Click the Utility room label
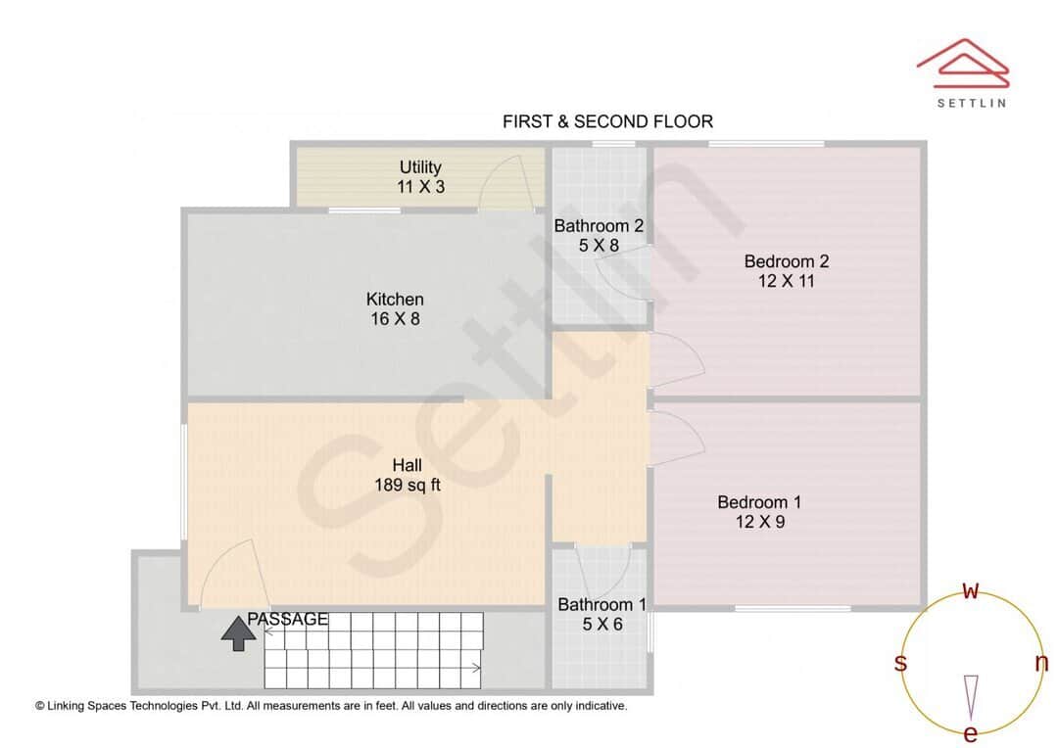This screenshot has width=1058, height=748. point(420,176)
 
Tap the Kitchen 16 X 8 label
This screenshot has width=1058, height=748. point(395,308)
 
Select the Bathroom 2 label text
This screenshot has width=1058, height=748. point(599,235)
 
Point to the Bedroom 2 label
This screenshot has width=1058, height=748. point(786,271)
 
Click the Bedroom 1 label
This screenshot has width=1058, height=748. point(759,512)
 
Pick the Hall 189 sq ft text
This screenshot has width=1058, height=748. point(407,474)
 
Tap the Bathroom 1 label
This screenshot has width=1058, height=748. point(601,614)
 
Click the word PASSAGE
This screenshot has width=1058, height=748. point(287,619)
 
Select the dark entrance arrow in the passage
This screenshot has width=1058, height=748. point(236,633)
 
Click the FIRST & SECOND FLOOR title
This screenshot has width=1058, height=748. point(607,121)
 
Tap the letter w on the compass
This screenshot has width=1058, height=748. point(971,590)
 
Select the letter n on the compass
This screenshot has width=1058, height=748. point(1041,663)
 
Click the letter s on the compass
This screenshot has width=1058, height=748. point(900,663)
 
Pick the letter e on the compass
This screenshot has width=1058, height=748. point(971,733)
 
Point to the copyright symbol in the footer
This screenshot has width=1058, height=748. point(40,705)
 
